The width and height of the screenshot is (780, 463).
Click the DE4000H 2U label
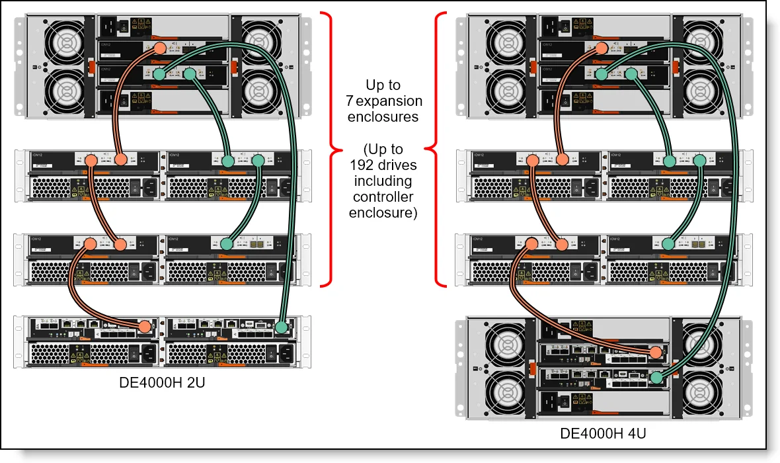(162, 382)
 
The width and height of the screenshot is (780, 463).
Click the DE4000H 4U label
(603, 434)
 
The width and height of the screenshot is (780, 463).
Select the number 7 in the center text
(350, 101)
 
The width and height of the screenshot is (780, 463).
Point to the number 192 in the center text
(362, 165)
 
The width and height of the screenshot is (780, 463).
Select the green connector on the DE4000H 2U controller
(282, 327)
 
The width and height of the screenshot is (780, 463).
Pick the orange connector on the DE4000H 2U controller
(145, 326)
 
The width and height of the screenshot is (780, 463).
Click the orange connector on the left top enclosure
(159, 49)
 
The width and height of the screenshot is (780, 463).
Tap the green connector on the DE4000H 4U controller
(656, 378)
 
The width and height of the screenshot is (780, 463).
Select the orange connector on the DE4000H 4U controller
(655, 353)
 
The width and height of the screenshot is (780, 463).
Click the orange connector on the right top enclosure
(601, 48)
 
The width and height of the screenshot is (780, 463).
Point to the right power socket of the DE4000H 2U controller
(284, 353)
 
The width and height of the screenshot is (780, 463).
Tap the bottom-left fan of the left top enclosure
(65, 89)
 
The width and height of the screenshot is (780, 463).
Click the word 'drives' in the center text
(399, 165)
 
